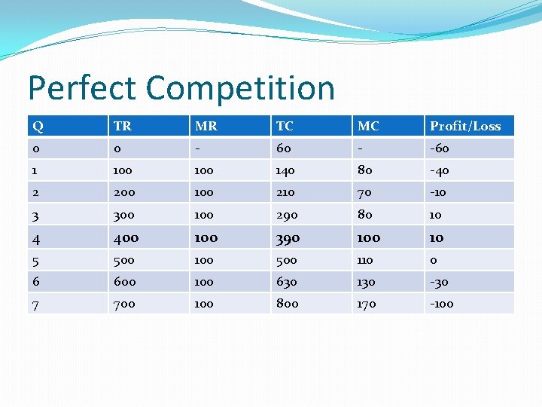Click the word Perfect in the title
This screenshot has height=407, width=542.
[x=82, y=88]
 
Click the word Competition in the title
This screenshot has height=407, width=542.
[x=240, y=88]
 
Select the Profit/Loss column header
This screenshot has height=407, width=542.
[x=464, y=126]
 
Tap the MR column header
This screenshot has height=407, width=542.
[x=206, y=126]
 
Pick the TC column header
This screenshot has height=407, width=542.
[x=285, y=126]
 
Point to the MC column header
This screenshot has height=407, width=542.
[x=368, y=126]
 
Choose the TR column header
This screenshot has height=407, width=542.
[x=121, y=126]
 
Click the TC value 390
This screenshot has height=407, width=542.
[x=288, y=238]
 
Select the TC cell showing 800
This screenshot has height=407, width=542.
[x=287, y=304]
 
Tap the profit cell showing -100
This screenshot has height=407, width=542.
[x=442, y=304]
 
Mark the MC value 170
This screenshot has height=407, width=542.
[x=367, y=304]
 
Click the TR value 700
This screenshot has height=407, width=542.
[x=125, y=304]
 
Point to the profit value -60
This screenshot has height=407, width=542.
[x=439, y=148]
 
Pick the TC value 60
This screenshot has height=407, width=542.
[x=283, y=148]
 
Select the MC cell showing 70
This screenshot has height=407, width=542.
[x=364, y=192]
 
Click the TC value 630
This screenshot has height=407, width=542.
[x=286, y=282]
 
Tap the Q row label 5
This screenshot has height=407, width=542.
[x=36, y=260]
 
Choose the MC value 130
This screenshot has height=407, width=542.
[x=367, y=282]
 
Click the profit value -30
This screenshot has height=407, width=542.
[x=439, y=282]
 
